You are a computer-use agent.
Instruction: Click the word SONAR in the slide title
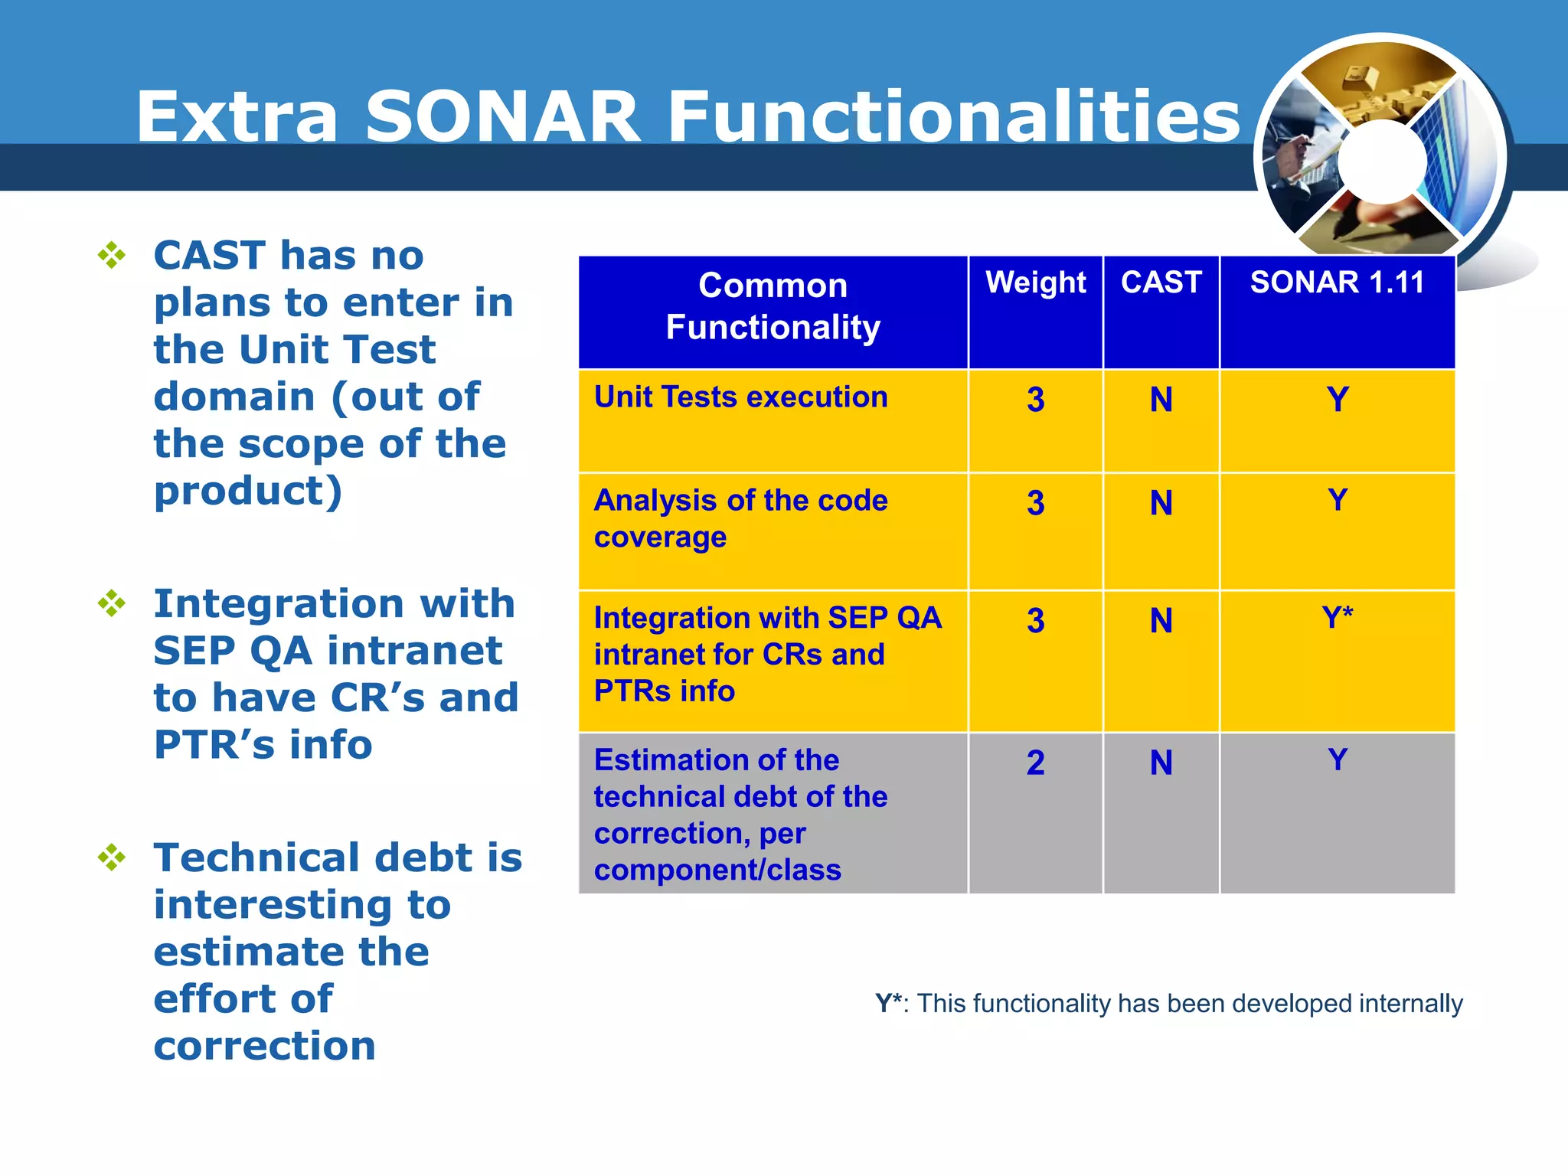502,116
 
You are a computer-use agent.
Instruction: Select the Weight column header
1035,283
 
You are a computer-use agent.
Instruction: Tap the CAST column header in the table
1161,283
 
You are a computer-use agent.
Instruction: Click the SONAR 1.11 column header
1337,283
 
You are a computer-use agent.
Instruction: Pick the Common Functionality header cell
773,306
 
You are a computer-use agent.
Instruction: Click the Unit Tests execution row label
740,397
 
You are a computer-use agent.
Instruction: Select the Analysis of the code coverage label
740,518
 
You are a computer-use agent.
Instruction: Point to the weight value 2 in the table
1035,763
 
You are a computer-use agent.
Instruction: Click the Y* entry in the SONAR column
1337,617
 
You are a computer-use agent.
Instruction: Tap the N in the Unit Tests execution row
1161,400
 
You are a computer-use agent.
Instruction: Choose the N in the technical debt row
1161,763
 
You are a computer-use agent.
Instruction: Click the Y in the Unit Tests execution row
1337,400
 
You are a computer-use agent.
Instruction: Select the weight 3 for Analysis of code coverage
1035,503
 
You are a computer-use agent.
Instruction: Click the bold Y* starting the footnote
889,1003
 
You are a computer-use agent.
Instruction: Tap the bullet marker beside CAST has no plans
112,255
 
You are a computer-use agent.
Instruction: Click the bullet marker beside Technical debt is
112,857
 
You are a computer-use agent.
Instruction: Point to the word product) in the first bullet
247,492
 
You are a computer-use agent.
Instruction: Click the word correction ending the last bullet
264,1046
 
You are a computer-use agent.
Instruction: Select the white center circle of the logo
1382,162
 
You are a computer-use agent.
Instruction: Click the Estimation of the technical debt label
740,815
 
